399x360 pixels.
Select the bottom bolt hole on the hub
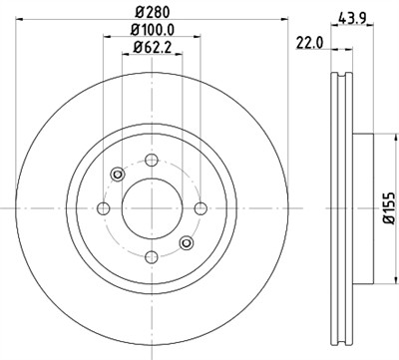point(152,257)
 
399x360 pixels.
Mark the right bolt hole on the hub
point(200,208)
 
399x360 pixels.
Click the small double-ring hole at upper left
point(118,176)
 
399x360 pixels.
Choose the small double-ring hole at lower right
point(186,242)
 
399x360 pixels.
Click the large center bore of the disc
point(152,208)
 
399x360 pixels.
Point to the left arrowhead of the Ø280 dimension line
point(22,19)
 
